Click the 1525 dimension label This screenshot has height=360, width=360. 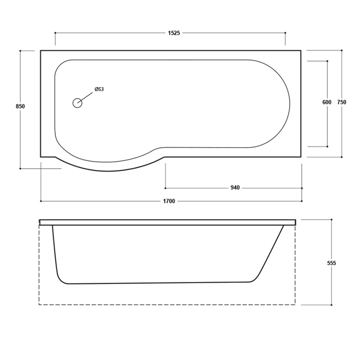click(x=174, y=33)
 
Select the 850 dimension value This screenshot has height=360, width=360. click(x=20, y=106)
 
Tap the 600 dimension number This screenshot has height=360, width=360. click(x=327, y=102)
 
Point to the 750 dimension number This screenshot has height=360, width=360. click(x=341, y=102)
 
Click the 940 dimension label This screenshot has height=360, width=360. click(x=235, y=188)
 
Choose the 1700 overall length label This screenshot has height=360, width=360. click(x=169, y=201)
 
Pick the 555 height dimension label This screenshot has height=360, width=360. click(x=331, y=263)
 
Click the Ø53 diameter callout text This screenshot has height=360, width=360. click(x=99, y=89)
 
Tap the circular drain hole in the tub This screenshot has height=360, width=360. click(x=77, y=103)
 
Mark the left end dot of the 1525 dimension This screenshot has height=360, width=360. click(x=55, y=33)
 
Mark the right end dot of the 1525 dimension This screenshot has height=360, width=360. click(x=285, y=33)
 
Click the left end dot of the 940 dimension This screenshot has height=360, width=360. click(x=165, y=188)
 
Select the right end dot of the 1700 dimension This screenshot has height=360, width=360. click(x=302, y=201)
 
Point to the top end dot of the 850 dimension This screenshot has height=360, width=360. click(x=20, y=51)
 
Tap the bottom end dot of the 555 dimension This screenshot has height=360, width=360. click(x=331, y=305)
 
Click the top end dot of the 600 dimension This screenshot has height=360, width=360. click(x=327, y=61)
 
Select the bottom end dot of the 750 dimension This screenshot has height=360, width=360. click(x=342, y=157)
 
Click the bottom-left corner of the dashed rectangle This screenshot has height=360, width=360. click(x=39, y=305)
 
